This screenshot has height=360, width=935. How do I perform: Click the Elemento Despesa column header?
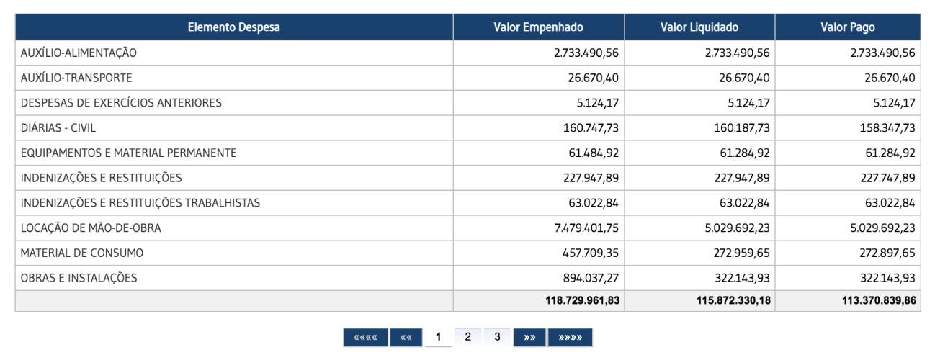click(x=233, y=27)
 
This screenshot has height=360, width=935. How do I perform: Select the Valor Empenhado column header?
click(x=538, y=27)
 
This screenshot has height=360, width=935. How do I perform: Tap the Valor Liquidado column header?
click(x=699, y=27)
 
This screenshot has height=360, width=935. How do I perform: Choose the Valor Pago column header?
click(x=847, y=27)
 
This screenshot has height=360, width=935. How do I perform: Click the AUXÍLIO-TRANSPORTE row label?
click(x=76, y=78)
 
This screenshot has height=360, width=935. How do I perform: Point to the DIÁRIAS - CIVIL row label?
click(x=58, y=128)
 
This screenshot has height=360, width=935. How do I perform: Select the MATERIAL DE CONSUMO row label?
click(x=82, y=253)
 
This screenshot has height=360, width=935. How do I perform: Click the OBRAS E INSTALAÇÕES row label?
click(x=79, y=278)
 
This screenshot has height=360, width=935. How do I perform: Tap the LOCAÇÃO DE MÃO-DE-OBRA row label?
click(x=91, y=228)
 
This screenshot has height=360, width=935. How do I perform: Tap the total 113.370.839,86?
click(x=878, y=301)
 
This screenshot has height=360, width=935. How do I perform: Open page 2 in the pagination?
click(x=467, y=337)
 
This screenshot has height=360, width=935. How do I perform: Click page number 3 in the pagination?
click(x=497, y=337)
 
